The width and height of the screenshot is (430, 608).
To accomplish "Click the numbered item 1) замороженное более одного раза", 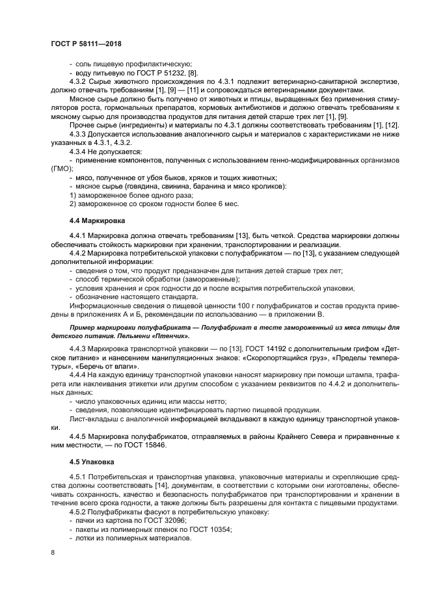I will point(131,194).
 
